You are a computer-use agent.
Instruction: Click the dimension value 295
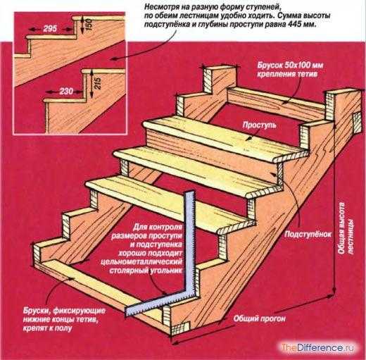coord(50,29)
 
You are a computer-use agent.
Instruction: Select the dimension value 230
coord(66,91)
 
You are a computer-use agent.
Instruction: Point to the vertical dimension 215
coord(98,83)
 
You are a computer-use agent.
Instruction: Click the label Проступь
coord(259,125)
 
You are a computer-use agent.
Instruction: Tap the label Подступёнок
coord(308,234)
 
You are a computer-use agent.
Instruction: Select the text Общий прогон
coord(260,319)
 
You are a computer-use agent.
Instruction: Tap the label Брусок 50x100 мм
coord(290,65)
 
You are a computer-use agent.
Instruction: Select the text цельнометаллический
coord(141,261)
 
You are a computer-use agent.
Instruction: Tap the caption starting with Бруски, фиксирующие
coord(64,319)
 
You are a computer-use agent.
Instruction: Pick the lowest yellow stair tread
coord(168,203)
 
